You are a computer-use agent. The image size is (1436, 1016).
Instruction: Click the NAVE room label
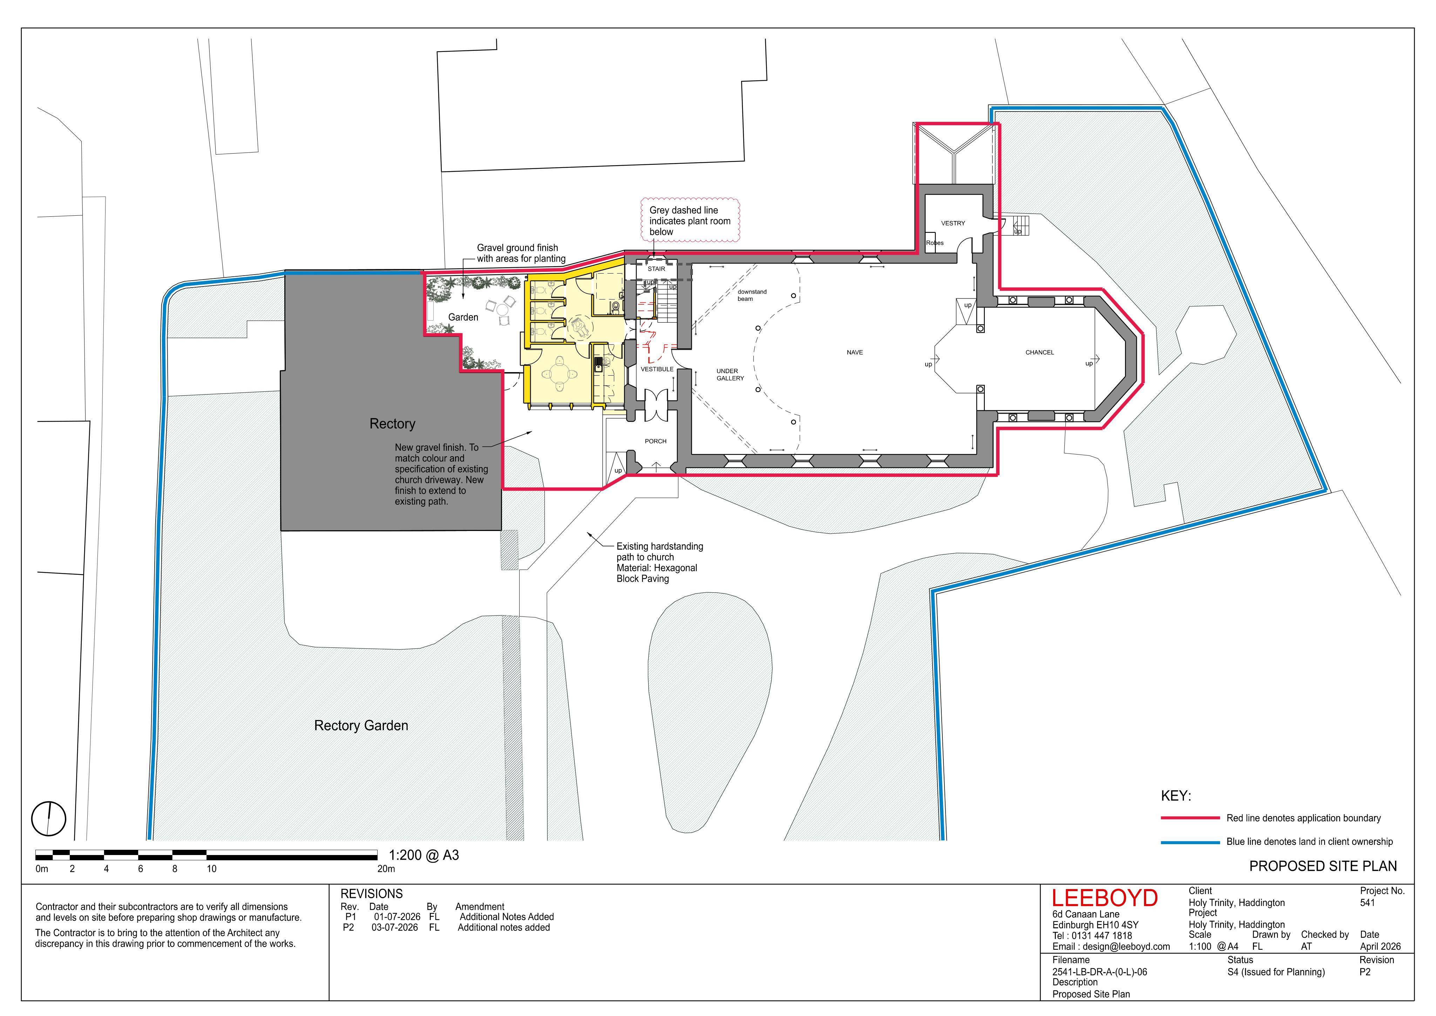coord(854,352)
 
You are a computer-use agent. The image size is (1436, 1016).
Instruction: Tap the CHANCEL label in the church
coord(1039,352)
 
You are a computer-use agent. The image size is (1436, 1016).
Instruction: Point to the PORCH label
coord(656,441)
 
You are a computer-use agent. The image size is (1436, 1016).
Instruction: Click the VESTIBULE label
coord(657,369)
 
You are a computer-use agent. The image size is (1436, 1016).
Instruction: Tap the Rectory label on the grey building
coord(392,424)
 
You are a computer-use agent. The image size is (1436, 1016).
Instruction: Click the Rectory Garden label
coord(361,725)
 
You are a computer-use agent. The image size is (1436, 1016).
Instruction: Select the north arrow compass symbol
coord(48,818)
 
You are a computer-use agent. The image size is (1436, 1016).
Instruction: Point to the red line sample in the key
coord(1190,818)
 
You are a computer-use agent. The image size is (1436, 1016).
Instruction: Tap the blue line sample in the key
coord(1190,842)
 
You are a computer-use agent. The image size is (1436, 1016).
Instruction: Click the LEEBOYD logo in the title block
coord(1104,899)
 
